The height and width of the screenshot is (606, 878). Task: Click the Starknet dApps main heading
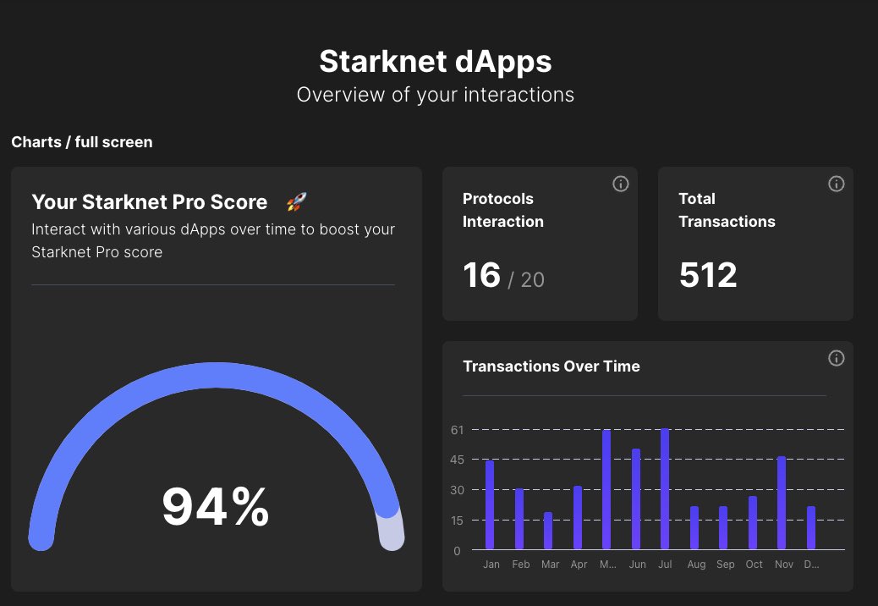click(435, 62)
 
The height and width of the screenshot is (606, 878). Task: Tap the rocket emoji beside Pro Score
click(296, 202)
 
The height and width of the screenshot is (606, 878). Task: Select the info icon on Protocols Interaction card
click(621, 184)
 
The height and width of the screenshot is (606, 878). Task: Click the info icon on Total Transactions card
click(837, 184)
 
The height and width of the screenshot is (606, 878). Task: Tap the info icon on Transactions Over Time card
click(837, 358)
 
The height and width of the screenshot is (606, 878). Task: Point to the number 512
click(708, 275)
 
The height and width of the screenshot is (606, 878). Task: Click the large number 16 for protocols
click(482, 275)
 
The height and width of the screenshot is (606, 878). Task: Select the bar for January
click(490, 505)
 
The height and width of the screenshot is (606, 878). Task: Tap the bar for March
click(548, 531)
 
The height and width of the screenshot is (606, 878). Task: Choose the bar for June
click(636, 499)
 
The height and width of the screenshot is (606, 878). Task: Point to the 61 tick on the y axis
click(458, 430)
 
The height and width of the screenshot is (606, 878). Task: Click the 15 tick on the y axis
click(458, 521)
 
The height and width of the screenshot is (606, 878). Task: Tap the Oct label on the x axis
click(754, 565)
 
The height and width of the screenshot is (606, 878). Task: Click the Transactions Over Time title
click(551, 366)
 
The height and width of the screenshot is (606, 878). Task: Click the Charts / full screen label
click(82, 142)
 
